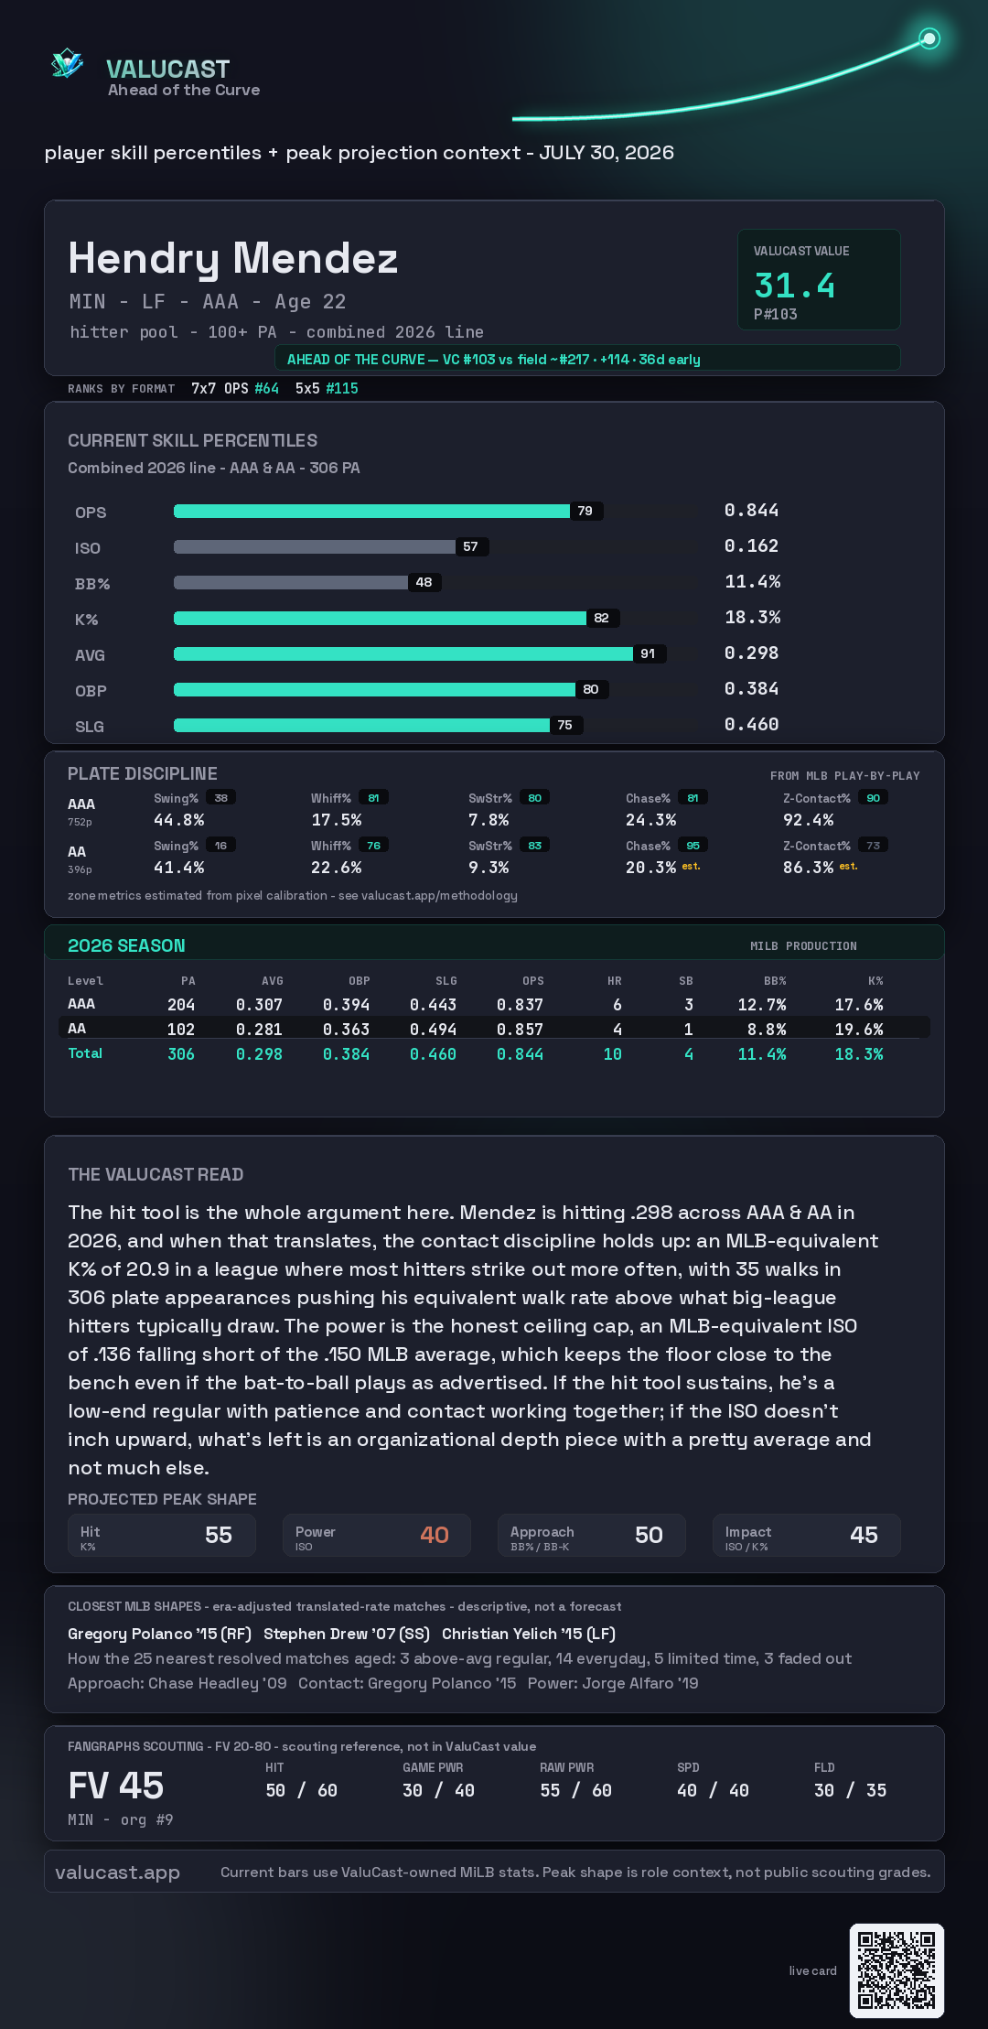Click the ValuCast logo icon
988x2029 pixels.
click(x=67, y=63)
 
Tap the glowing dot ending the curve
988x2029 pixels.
click(x=929, y=38)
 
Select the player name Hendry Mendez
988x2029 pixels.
click(x=233, y=258)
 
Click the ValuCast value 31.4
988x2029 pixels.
click(x=794, y=286)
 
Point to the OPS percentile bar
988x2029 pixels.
click(x=371, y=511)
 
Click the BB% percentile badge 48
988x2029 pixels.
click(x=424, y=582)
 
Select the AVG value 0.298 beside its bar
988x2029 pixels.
click(x=751, y=653)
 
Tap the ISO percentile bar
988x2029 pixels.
click(x=315, y=546)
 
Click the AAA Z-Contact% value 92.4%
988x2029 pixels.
click(x=808, y=820)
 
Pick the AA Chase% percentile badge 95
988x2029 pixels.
click(x=693, y=846)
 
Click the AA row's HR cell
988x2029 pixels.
click(x=617, y=1030)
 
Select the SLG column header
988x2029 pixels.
click(x=446, y=981)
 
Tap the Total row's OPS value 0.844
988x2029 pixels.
click(x=520, y=1054)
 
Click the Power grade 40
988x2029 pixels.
click(x=435, y=1535)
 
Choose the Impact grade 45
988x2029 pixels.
click(x=864, y=1535)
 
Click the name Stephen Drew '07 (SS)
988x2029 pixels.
click(x=347, y=1634)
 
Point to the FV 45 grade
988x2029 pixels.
click(x=116, y=1786)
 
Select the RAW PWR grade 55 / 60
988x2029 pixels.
click(x=575, y=1790)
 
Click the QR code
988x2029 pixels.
click(x=897, y=1970)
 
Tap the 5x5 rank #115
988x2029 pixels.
click(x=342, y=388)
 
